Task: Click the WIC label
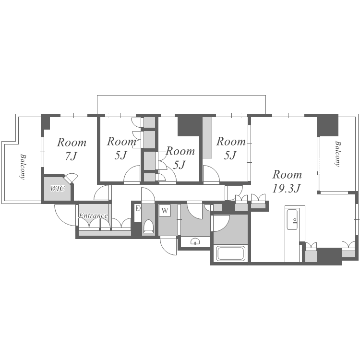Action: [x=58, y=189]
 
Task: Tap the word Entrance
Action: [x=93, y=216]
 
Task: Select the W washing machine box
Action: [x=165, y=210]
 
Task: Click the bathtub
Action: [x=230, y=253]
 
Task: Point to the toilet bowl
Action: [x=148, y=226]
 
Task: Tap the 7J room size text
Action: [x=71, y=156]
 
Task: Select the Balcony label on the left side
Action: [x=23, y=167]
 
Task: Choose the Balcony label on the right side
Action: [x=338, y=154]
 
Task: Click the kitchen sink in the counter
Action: [x=292, y=219]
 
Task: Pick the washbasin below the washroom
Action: [x=195, y=241]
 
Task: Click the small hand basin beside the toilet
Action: [x=138, y=208]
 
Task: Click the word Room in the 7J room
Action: [x=72, y=143]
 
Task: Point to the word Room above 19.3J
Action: [x=287, y=175]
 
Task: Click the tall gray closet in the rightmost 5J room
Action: [x=207, y=138]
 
